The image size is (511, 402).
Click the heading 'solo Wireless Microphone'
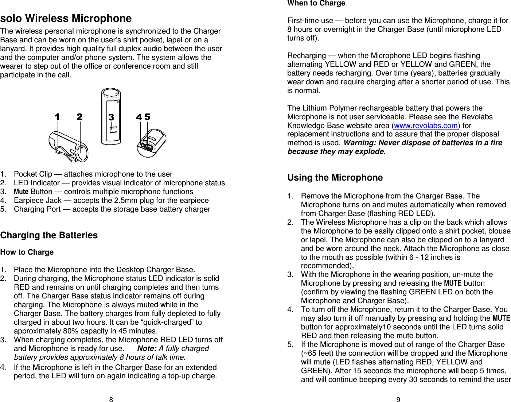tap(66, 19)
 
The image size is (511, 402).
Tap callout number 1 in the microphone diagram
tap(57, 117)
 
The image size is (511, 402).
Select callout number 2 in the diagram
tap(79, 117)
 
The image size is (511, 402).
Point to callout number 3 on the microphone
tap(111, 117)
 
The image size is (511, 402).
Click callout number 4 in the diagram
tap(139, 117)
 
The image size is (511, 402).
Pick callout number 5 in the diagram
tap(147, 117)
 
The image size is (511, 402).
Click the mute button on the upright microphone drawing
tap(114, 130)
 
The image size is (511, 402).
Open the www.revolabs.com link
tap(426, 125)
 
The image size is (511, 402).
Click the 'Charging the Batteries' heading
tap(49, 235)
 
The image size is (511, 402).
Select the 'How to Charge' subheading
tap(27, 252)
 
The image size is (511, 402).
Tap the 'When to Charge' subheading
tap(316, 3)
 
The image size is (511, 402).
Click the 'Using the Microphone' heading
tap(335, 178)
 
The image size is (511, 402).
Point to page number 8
tap(111, 399)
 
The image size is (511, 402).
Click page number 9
tap(398, 399)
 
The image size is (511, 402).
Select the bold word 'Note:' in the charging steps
tap(147, 348)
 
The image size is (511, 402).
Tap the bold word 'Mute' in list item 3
tap(21, 192)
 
